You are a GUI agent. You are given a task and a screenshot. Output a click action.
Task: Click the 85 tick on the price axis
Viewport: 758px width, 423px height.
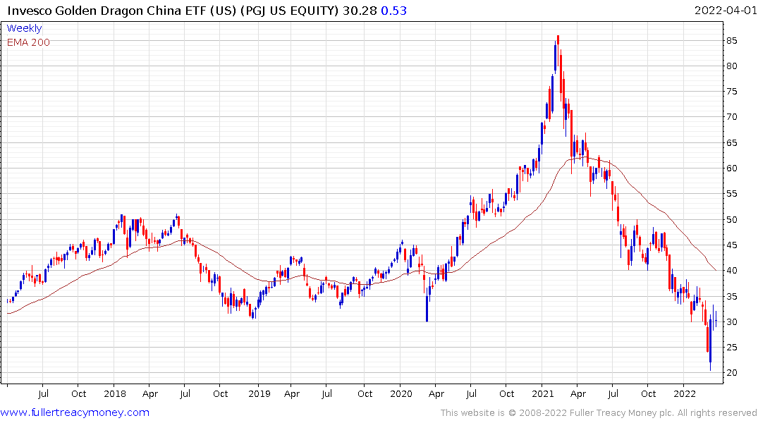733,41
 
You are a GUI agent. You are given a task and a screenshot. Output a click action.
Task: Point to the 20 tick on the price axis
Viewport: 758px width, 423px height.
733,373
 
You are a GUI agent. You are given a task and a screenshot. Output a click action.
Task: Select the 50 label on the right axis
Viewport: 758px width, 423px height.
733,219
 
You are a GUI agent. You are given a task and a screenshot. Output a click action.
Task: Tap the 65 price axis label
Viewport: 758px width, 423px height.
733,143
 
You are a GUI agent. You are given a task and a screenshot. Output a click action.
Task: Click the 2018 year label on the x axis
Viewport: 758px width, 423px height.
114,393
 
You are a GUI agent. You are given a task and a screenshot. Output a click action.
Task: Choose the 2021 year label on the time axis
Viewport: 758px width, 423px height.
542,393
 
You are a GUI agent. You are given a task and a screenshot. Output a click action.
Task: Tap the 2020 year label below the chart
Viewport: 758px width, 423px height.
401,393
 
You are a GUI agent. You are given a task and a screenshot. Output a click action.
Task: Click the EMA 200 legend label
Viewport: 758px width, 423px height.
28,42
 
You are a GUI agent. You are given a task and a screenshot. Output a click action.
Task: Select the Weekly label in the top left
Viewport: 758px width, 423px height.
24,29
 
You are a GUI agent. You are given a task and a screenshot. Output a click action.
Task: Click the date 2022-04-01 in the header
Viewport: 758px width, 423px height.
724,11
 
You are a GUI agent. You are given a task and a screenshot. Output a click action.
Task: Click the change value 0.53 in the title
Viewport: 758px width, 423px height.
394,11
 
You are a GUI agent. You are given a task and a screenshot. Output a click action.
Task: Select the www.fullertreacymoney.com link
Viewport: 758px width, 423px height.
75,412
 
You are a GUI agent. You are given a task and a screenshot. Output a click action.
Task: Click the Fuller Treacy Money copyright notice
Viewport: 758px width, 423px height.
599,413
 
